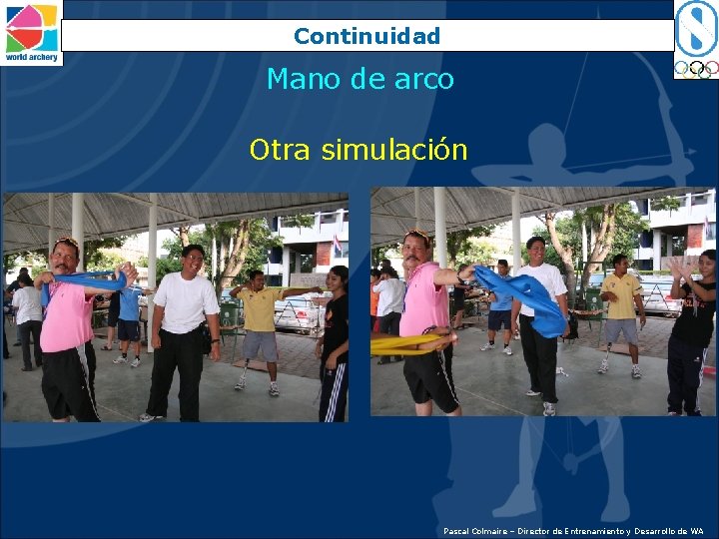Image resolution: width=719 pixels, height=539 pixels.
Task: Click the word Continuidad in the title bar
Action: [x=366, y=37]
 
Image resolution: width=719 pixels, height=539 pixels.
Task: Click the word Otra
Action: [x=281, y=150]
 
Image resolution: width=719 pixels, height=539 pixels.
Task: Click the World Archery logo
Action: [x=32, y=33]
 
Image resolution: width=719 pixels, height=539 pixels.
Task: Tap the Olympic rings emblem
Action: [x=696, y=69]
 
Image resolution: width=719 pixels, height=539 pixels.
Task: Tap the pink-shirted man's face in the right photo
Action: [x=416, y=249]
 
